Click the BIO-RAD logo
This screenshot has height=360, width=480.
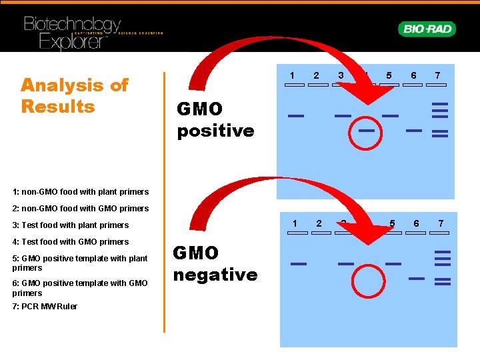click(427, 29)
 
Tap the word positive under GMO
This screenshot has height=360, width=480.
click(215, 130)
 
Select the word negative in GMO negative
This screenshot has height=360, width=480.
click(215, 274)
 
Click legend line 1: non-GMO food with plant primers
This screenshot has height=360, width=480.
click(80, 192)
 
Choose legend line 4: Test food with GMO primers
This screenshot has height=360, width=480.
click(70, 241)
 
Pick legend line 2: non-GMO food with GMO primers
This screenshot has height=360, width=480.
click(80, 209)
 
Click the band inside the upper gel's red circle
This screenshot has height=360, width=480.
click(366, 131)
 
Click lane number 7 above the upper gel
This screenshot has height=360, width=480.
click(437, 75)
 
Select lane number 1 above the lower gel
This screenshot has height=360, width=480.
click(295, 223)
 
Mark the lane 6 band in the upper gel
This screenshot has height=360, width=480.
click(414, 131)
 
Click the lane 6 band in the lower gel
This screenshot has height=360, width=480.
click(417, 277)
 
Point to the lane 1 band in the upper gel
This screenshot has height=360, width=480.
click(295, 116)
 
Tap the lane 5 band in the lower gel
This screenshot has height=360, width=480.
click(393, 264)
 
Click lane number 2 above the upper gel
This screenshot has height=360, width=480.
click(317, 75)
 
